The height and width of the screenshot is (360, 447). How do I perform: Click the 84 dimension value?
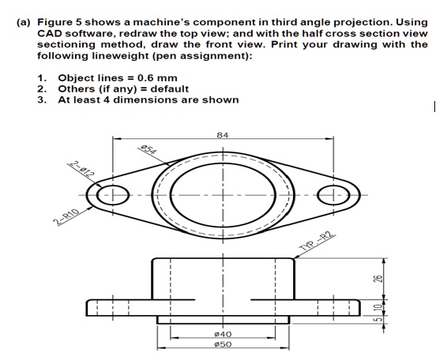(x=223, y=135)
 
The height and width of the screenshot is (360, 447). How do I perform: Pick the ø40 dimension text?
(x=222, y=336)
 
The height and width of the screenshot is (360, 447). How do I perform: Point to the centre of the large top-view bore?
(x=222, y=195)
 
